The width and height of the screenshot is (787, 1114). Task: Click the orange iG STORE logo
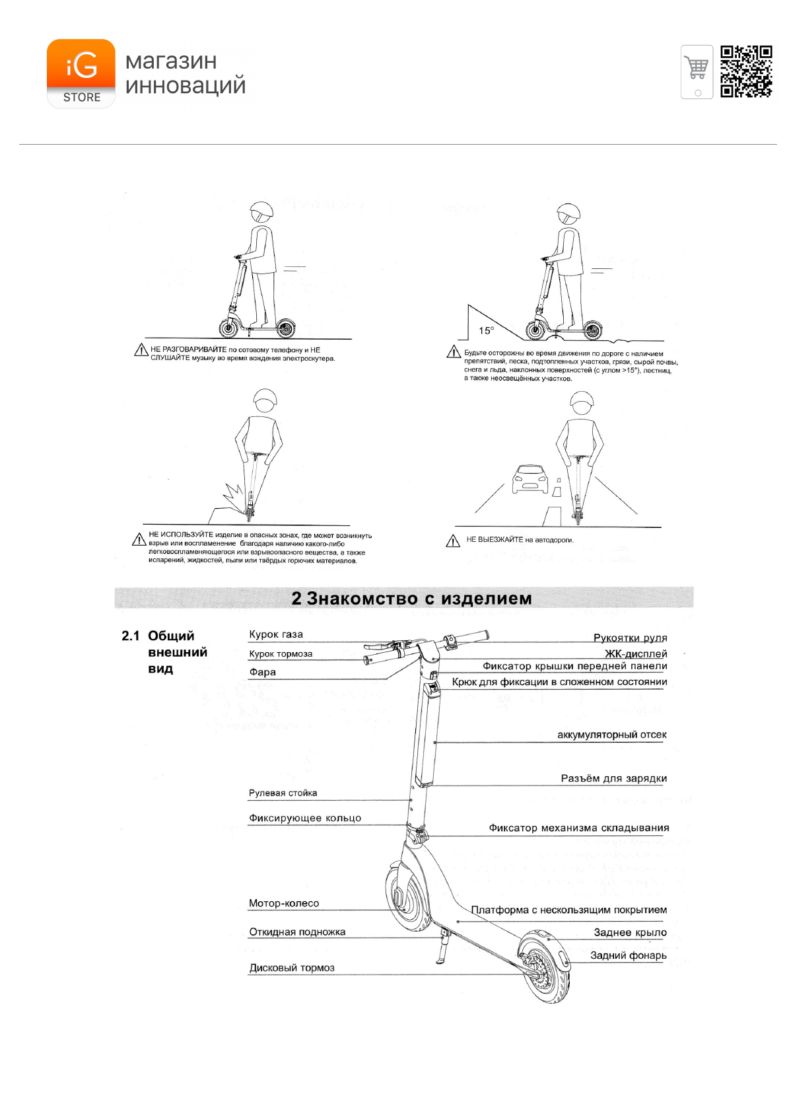tap(81, 73)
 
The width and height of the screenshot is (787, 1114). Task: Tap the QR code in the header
tap(746, 71)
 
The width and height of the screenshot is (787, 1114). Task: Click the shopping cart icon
tap(697, 71)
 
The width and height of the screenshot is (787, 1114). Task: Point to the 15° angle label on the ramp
tap(486, 330)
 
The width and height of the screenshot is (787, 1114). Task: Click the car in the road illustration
tap(530, 478)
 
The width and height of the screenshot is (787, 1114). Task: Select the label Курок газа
tap(276, 634)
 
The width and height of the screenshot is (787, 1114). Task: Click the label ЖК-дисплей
tap(636, 653)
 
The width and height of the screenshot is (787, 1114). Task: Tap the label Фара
tap(262, 672)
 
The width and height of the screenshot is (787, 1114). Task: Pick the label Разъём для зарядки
tap(613, 778)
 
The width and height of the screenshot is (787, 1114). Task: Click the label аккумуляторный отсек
tap(611, 735)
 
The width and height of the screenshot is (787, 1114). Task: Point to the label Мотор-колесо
tap(284, 903)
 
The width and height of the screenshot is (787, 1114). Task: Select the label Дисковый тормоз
tap(292, 968)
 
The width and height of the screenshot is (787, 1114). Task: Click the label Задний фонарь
tap(628, 955)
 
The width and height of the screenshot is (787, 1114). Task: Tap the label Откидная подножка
tap(297, 932)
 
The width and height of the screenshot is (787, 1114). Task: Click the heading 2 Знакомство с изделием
tap(411, 599)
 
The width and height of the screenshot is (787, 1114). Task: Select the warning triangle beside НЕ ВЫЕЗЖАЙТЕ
tap(453, 541)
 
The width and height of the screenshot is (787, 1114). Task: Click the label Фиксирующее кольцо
tap(305, 818)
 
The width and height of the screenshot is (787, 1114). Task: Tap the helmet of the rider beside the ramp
tap(568, 213)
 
